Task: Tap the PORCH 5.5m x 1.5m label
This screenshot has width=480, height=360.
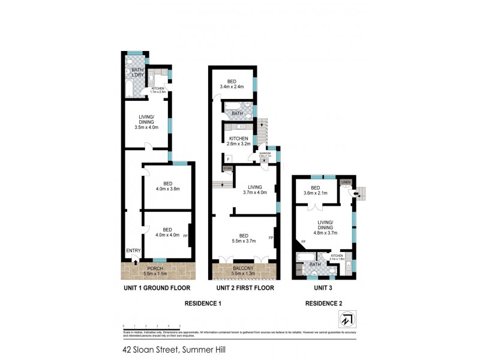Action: tap(159, 270)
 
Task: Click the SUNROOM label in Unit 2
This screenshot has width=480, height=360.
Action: tap(266, 154)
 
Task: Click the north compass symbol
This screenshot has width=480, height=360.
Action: tap(349, 318)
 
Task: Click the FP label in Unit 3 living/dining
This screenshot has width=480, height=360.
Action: tap(304, 242)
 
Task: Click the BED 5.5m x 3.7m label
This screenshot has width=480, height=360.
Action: tap(244, 239)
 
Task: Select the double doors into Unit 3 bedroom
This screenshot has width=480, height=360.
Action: tap(316, 207)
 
